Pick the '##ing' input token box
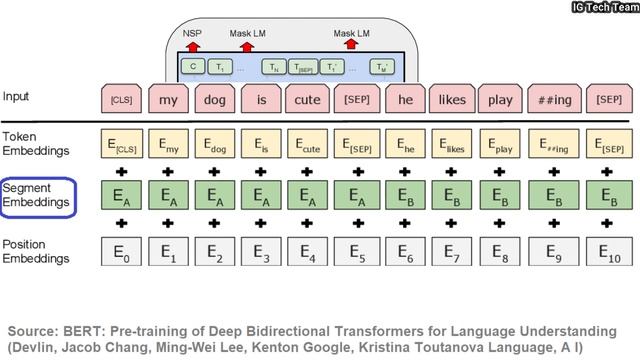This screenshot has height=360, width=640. pos(551,100)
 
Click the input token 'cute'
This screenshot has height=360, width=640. pos(308,100)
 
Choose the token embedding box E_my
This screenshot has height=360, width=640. pos(169,145)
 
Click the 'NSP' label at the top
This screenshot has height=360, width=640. pos(191,32)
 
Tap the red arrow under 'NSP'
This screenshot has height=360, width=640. pos(191,46)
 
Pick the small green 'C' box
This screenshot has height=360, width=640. pos(191,68)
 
